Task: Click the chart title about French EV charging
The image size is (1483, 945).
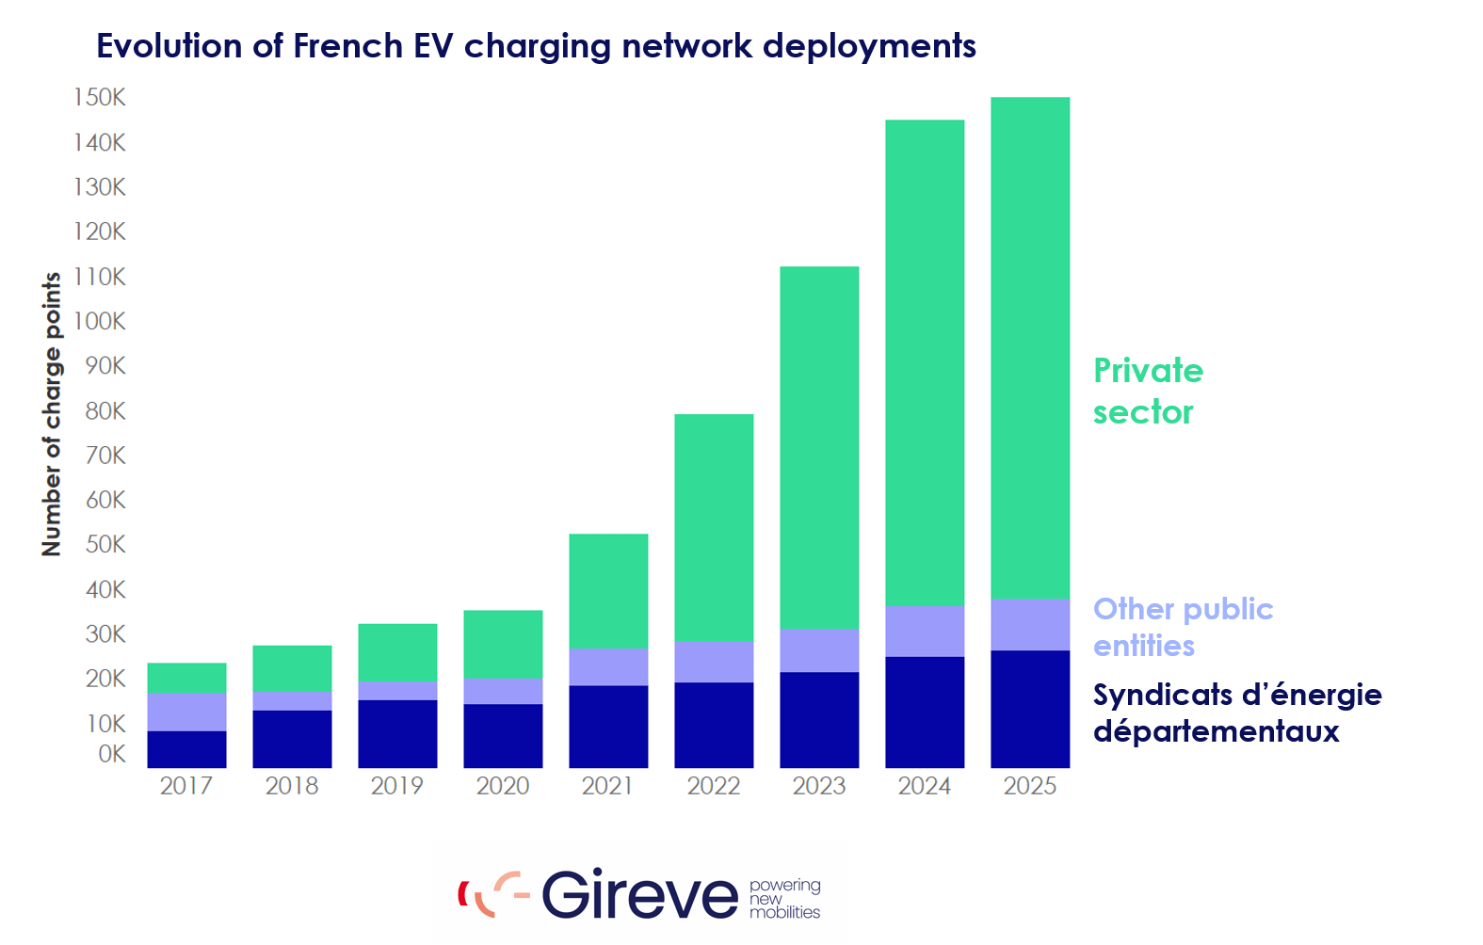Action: (536, 45)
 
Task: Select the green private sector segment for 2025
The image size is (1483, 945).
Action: (1030, 348)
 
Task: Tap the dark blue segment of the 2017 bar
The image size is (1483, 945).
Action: (186, 749)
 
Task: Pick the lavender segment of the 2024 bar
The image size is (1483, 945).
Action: (925, 631)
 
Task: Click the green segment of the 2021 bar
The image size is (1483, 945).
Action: (608, 591)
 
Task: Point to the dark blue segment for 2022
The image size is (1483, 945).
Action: (714, 725)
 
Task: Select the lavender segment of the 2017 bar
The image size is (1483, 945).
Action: (186, 712)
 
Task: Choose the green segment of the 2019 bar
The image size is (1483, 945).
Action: (397, 651)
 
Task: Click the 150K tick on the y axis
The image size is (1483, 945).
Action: (100, 98)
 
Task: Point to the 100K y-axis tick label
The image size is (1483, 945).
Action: (100, 321)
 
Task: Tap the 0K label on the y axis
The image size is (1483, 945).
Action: (111, 754)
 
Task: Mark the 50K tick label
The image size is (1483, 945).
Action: (105, 544)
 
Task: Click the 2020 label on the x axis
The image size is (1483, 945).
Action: (503, 786)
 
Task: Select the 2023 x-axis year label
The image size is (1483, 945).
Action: (819, 786)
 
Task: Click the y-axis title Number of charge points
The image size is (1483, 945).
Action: (52, 414)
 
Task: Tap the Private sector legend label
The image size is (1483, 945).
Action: (1148, 391)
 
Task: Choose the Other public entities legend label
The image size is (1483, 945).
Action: (1183, 627)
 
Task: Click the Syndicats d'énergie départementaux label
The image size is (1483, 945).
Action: (1236, 713)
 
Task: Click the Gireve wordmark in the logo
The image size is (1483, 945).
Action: (639, 894)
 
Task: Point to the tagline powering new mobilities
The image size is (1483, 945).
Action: (784, 899)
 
